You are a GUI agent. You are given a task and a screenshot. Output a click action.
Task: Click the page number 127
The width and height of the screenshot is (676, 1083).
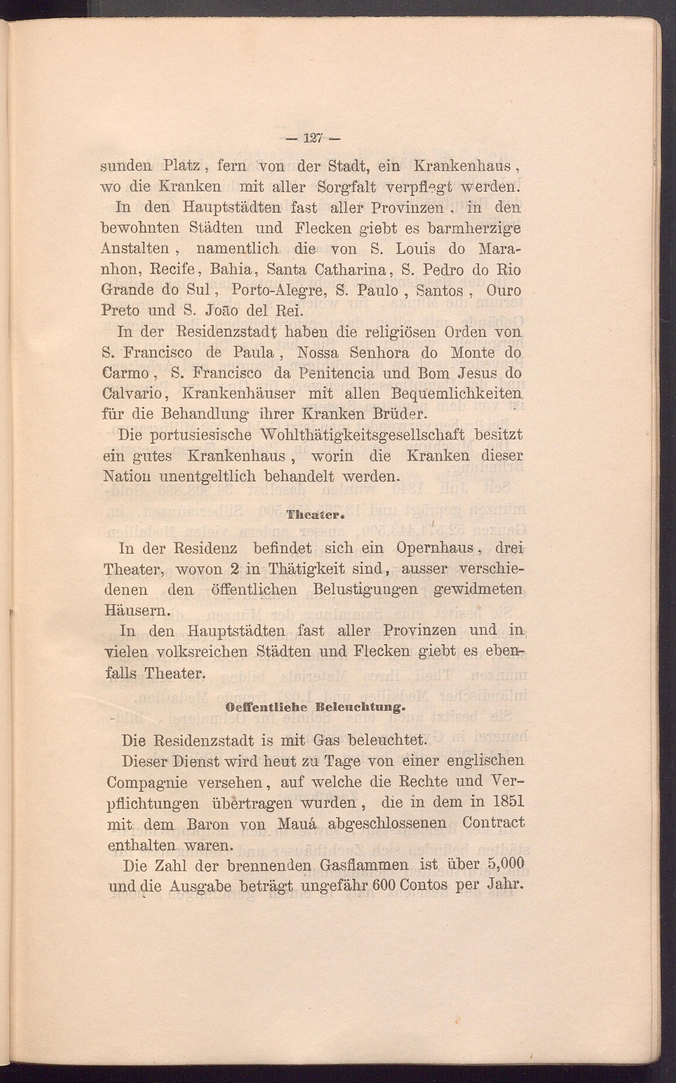coord(313,139)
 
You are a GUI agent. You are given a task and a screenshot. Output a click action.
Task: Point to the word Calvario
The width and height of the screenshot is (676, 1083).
coord(135,393)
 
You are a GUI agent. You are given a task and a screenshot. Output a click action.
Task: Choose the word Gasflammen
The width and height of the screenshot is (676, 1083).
coord(364,864)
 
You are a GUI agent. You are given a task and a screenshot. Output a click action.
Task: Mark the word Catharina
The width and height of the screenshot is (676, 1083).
coord(353,270)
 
